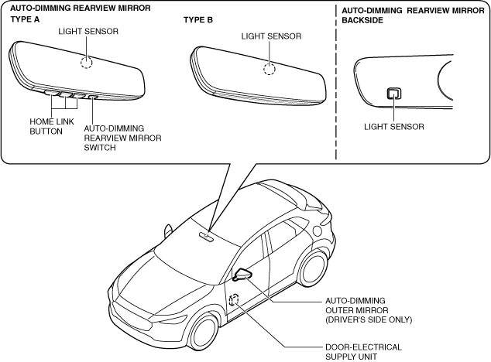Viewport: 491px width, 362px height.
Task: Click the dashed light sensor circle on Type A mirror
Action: coord(88,63)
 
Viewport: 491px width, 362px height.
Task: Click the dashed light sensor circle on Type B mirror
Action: coord(269,69)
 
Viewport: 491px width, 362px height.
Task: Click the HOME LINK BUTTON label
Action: coord(48,126)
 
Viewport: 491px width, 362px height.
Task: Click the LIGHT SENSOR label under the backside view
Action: coord(393,126)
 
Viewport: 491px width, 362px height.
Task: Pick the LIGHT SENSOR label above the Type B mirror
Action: coord(271,36)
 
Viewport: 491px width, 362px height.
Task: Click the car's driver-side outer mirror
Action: coord(242,274)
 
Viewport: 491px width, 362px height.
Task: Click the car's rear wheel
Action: coord(314,267)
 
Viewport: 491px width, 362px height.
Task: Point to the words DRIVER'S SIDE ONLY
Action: coord(368,319)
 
